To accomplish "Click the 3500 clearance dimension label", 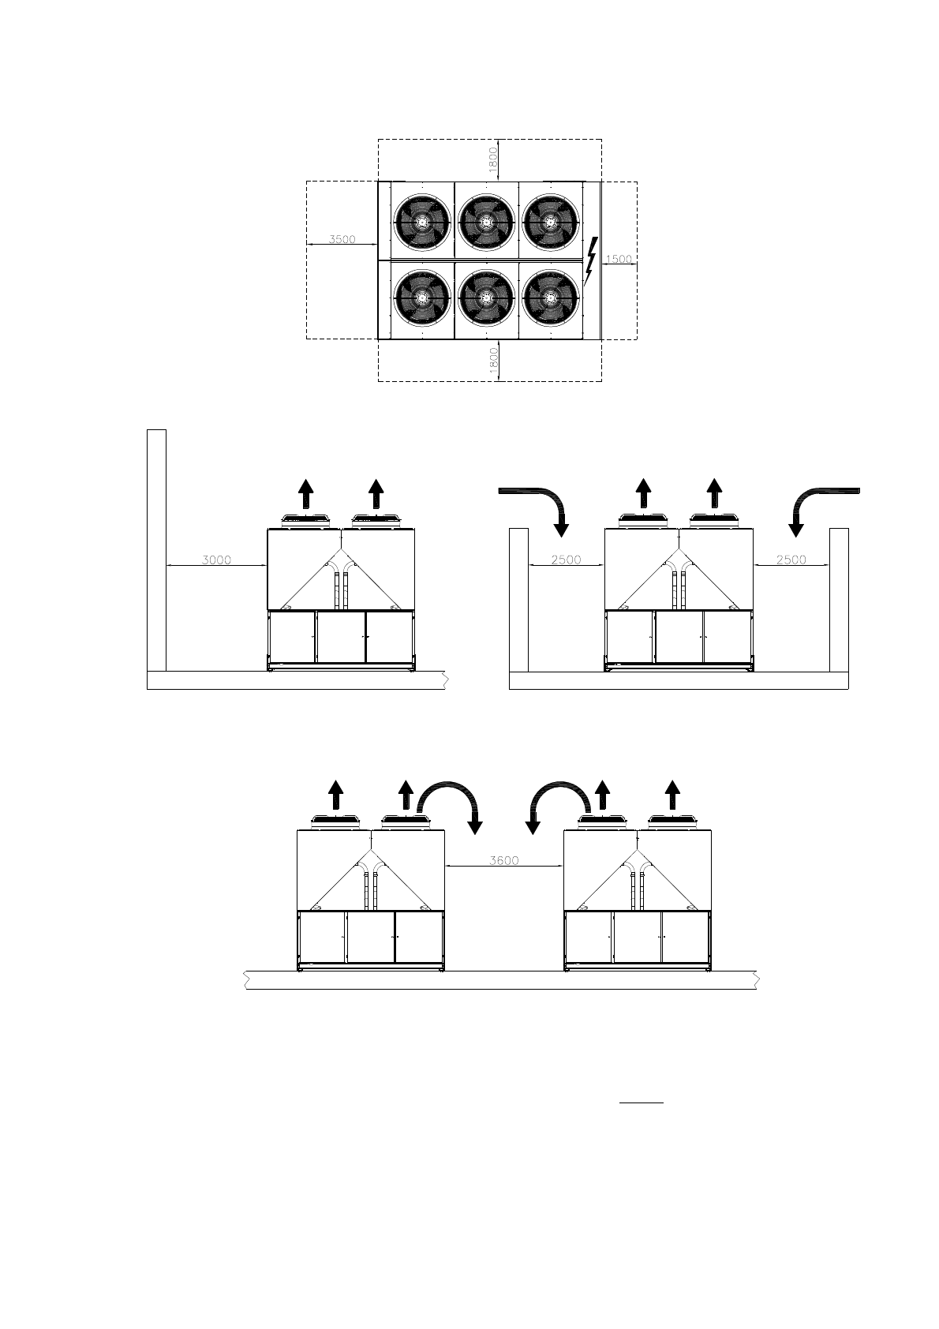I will tap(342, 239).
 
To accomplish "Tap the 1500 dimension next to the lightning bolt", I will tap(619, 258).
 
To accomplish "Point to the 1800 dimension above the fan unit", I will tap(493, 159).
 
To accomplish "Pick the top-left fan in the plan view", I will tap(422, 222).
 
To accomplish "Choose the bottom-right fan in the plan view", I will tap(552, 298).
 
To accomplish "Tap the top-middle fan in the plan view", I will tap(487, 222).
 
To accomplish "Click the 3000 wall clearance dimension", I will tap(216, 560).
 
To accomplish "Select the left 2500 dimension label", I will tap(566, 560).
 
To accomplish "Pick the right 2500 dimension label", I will tap(791, 560).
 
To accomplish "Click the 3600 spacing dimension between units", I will tap(504, 860).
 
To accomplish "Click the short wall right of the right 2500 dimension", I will tap(839, 600).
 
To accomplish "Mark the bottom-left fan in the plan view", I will tap(422, 298).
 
